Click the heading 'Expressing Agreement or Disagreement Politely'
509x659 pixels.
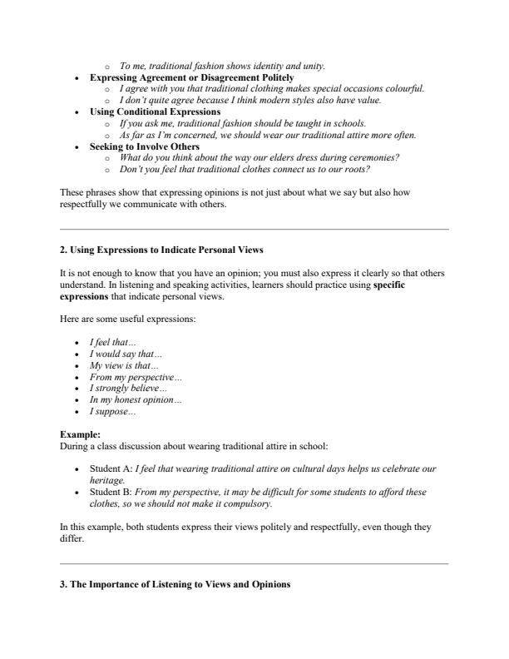191,77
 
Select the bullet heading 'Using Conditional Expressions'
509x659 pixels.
155,111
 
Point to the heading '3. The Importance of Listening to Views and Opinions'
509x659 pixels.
175,585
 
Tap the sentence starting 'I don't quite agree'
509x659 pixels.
250,100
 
